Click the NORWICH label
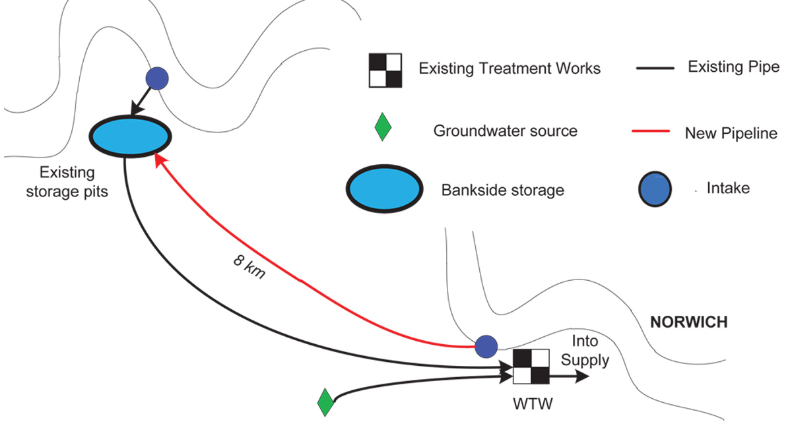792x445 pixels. [x=688, y=322]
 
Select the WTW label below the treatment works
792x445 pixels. [x=532, y=402]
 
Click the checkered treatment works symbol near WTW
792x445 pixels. [x=531, y=367]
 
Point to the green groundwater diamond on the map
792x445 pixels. [x=325, y=402]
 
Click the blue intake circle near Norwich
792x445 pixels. [x=486, y=345]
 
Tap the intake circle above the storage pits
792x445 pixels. [x=157, y=78]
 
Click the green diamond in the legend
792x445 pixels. [x=383, y=127]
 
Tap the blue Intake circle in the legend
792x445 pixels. [x=655, y=190]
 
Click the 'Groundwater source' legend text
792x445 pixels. [x=505, y=131]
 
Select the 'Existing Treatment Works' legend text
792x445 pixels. [x=510, y=68]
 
